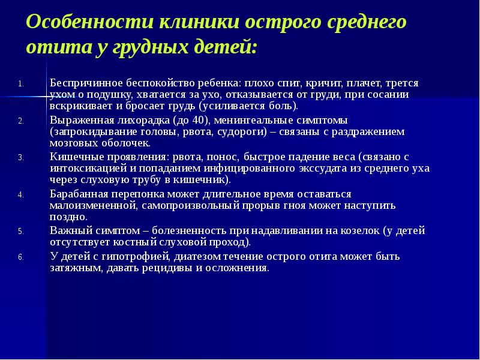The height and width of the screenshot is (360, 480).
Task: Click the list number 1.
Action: point(19,83)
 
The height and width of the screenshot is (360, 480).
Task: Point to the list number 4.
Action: point(19,195)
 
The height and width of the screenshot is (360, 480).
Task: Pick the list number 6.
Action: point(19,257)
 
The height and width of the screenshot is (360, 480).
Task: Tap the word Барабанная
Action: point(77,194)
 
